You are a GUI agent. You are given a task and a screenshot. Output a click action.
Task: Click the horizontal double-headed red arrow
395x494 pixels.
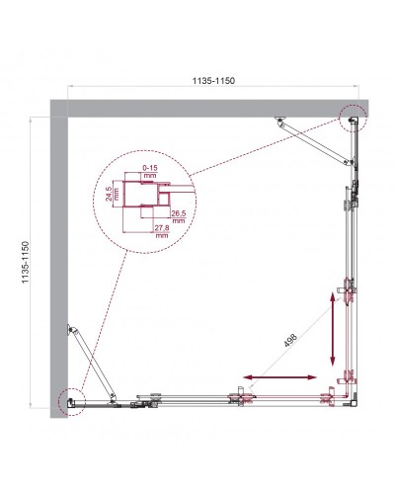[x=281, y=377]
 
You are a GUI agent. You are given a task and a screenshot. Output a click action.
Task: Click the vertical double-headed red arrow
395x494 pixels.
[x=332, y=329]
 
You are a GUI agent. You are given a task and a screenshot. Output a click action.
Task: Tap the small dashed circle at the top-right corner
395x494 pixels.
[x=352, y=119]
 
